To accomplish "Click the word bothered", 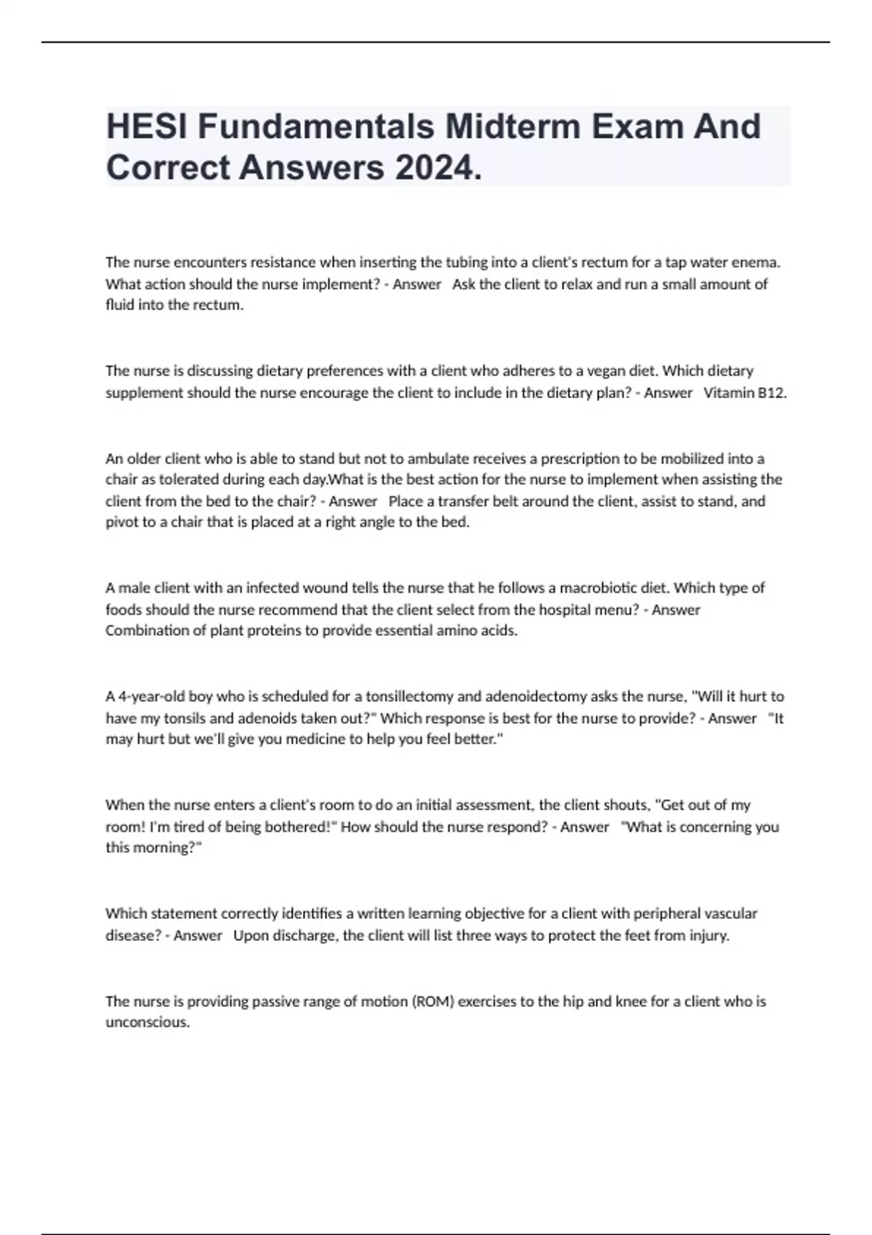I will point(299,826).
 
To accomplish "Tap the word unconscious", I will point(147,1022).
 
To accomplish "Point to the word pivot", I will point(121,522).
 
